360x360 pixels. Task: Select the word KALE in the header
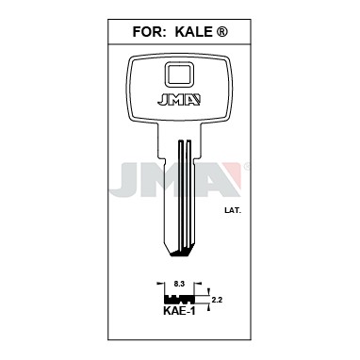click(193, 32)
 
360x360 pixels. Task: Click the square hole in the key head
click(179, 74)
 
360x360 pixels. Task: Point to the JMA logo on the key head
click(179, 100)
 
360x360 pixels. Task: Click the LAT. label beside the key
click(233, 211)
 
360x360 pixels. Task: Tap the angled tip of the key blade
click(180, 254)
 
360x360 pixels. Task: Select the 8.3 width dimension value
click(179, 284)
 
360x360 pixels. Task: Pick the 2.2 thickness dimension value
click(217, 300)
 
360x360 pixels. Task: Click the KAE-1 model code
click(180, 311)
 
